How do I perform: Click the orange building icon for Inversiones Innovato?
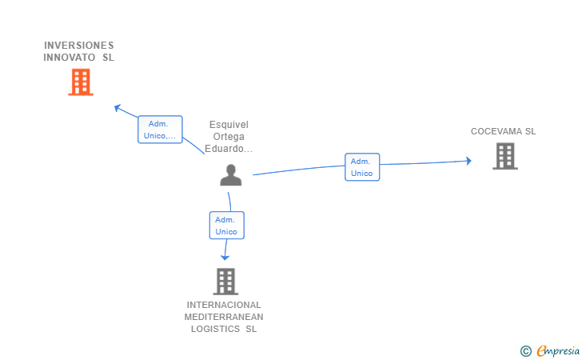80,82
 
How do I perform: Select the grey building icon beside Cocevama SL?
504,156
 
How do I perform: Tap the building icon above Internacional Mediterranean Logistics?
225,281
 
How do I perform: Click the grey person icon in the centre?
230,175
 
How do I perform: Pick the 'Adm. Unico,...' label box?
160,130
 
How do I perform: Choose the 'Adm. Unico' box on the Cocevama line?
361,167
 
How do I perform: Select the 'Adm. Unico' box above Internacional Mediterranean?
226,226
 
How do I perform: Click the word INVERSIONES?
79,46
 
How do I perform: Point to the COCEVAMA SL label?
503,131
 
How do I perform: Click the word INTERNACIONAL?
224,305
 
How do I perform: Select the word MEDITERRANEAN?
224,317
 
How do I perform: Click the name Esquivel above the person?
229,125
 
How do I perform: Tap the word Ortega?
229,137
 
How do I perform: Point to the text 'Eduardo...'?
229,149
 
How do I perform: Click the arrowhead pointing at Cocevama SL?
468,162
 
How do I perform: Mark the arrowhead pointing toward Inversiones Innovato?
118,107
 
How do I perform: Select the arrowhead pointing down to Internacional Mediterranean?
225,257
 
